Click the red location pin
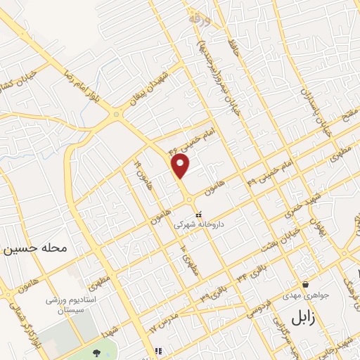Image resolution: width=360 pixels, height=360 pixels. click(x=181, y=167)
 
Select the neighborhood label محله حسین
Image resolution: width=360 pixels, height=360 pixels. click(x=34, y=248)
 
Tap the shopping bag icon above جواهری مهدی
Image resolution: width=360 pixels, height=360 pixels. click(x=305, y=284)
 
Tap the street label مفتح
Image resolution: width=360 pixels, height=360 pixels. click(x=345, y=112)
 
